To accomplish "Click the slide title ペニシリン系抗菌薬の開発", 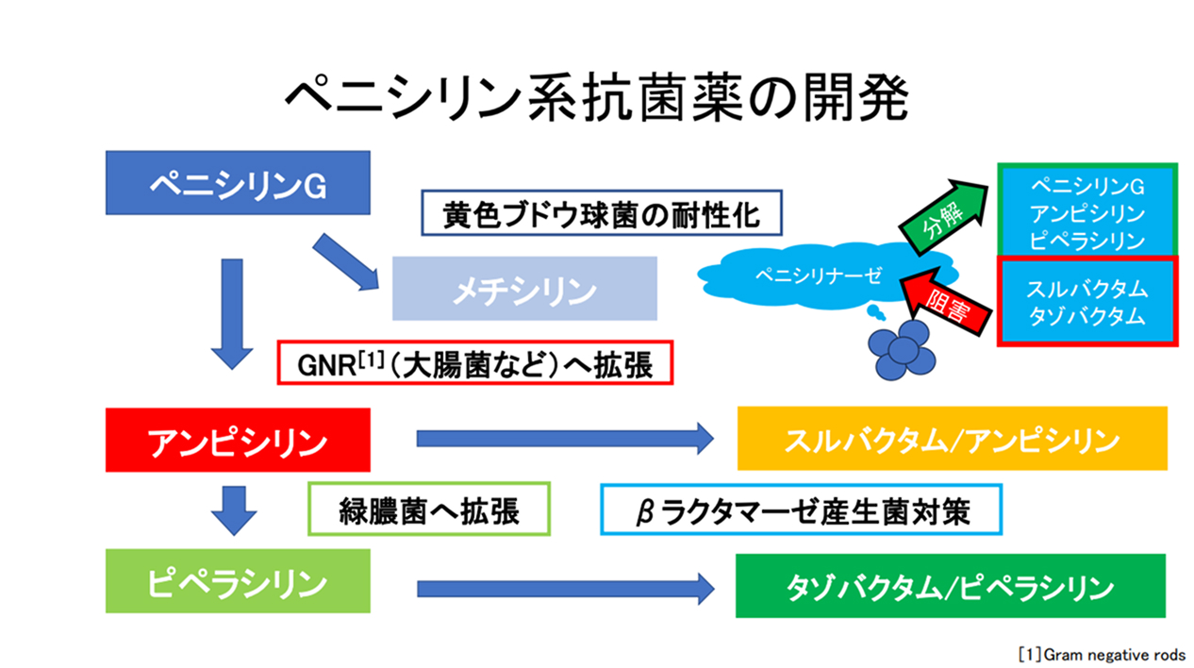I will pyautogui.click(x=596, y=97).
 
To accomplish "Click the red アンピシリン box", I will pyautogui.click(x=237, y=440).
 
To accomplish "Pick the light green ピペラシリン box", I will pyautogui.click(x=237, y=583).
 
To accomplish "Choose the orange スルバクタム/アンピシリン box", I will pyautogui.click(x=952, y=440).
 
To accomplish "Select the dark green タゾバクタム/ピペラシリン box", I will pyautogui.click(x=950, y=586).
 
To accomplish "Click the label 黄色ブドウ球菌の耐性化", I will pyautogui.click(x=602, y=214).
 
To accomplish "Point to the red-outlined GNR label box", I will pyautogui.click(x=474, y=363).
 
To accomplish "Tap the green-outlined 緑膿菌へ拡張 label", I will pyautogui.click(x=429, y=510).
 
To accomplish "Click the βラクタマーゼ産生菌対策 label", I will pyautogui.click(x=801, y=510).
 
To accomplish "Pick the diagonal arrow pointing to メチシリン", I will pyautogui.click(x=344, y=263).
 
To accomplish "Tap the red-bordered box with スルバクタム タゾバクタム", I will pyautogui.click(x=1086, y=301).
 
